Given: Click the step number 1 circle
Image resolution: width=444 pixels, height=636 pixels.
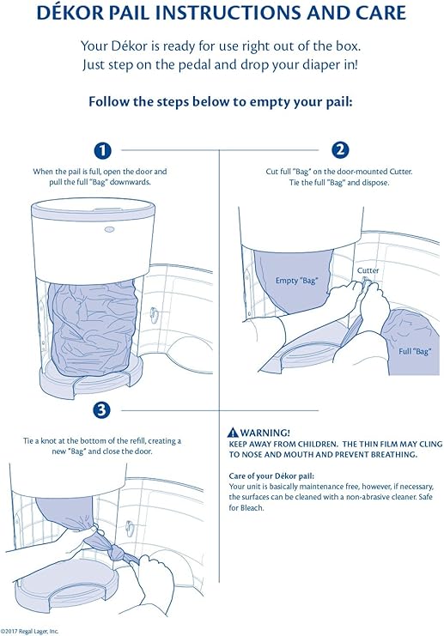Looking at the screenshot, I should click(102, 150).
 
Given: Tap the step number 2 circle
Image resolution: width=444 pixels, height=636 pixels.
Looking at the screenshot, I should click(340, 150).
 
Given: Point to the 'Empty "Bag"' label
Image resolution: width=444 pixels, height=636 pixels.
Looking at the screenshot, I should click(297, 281).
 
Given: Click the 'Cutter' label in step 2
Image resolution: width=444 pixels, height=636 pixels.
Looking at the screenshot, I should click(368, 270).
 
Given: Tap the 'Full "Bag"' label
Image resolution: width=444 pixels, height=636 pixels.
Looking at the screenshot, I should click(415, 350).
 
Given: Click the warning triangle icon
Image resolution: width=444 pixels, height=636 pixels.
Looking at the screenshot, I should click(232, 432).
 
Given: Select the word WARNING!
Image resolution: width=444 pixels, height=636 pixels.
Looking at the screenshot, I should click(265, 432).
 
